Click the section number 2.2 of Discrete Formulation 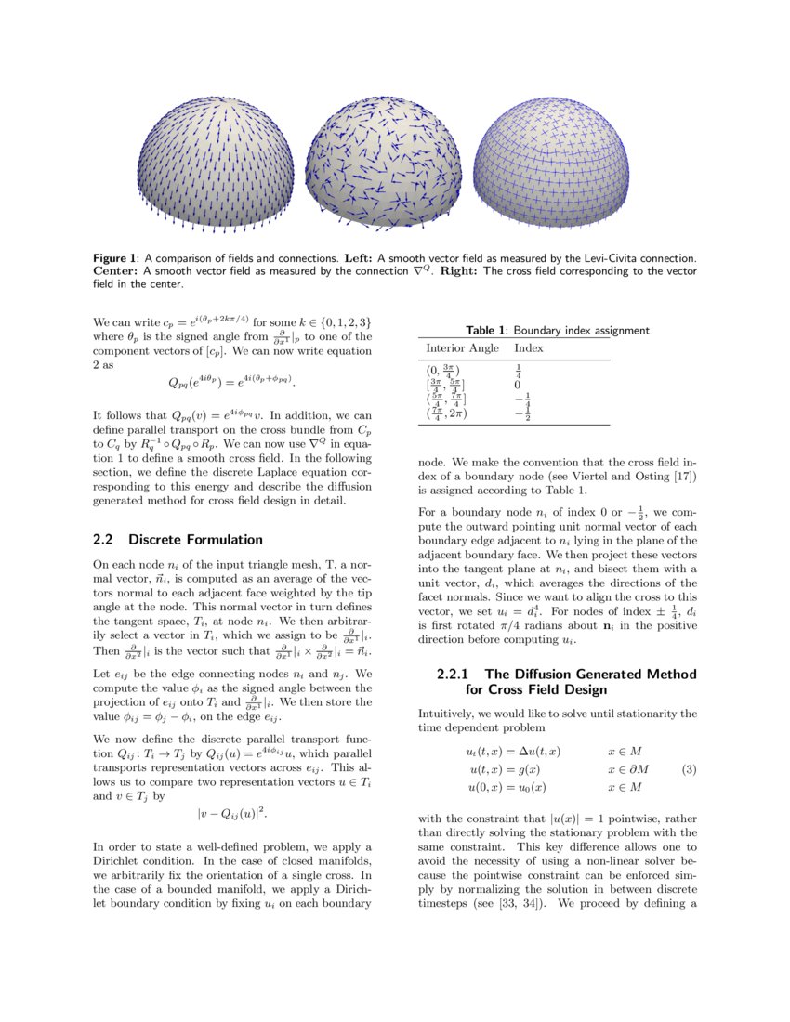[x=104, y=540]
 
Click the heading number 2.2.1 [x=455, y=674]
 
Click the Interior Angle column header [x=462, y=348]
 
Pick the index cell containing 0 [x=517, y=385]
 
